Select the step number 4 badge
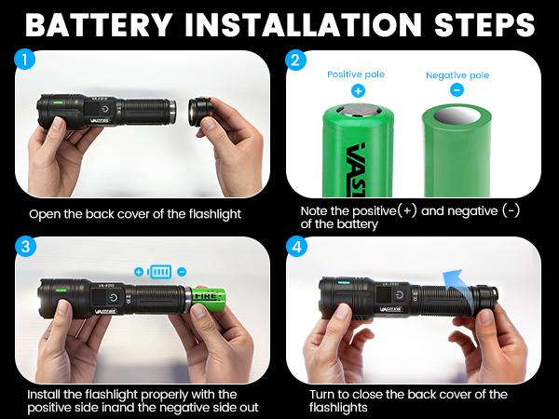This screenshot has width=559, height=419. (296, 248)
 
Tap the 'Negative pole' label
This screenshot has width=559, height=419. (457, 74)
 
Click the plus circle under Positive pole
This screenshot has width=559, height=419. (356, 91)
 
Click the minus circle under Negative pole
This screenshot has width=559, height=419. (456, 91)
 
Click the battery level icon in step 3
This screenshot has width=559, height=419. (160, 272)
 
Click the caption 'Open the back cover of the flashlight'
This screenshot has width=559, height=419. (135, 214)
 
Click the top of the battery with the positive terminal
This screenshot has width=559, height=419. (358, 115)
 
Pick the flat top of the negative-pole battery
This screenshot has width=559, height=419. (457, 116)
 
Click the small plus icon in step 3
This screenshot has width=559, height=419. (139, 272)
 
